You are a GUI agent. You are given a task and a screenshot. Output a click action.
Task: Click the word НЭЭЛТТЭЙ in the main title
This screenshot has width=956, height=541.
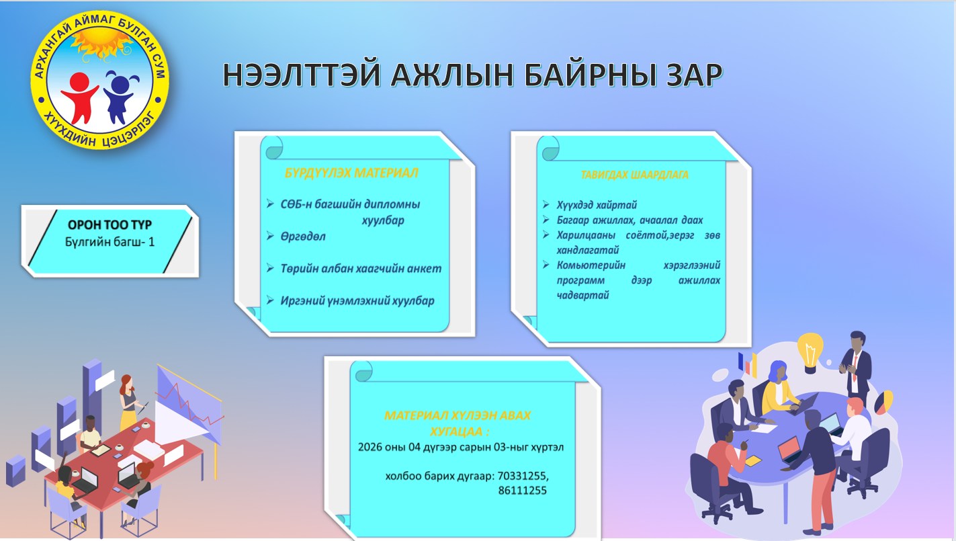301,75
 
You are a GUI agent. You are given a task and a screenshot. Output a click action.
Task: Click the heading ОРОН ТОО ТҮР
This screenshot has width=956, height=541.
110,224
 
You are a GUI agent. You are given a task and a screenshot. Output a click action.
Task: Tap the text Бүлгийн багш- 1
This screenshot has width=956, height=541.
110,242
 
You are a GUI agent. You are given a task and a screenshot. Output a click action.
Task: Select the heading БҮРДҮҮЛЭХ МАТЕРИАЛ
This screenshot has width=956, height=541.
351,173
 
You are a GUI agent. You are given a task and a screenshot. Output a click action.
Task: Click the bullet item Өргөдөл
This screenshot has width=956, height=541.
302,237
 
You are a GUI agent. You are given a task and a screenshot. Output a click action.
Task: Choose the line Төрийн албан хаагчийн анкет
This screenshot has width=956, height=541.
361,269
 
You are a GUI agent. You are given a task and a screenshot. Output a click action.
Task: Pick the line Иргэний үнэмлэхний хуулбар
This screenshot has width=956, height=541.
357,300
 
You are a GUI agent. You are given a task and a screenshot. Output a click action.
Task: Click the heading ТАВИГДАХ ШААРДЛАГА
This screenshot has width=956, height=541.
635,175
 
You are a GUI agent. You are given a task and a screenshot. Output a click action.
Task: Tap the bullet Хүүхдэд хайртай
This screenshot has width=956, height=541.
597,205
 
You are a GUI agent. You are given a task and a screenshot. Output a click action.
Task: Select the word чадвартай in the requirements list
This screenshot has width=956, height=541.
582,295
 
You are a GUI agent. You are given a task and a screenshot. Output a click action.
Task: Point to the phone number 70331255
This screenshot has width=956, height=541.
523,476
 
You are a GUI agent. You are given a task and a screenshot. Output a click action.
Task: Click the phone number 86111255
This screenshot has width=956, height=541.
523,490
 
